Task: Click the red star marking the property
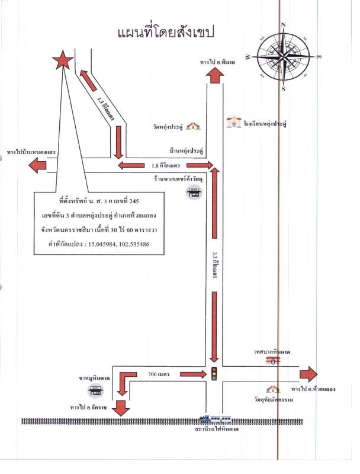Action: coord(62,60)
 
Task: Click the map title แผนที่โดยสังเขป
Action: coord(165,31)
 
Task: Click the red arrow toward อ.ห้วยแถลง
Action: coord(308,374)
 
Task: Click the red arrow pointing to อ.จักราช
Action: coord(121,408)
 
